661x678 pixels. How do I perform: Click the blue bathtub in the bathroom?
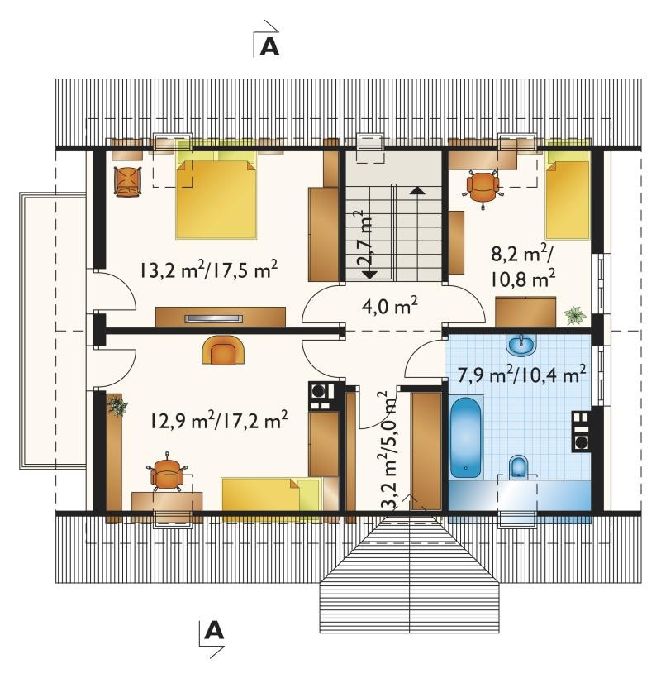pyautogui.click(x=465, y=437)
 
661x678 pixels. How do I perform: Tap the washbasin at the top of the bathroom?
pyautogui.click(x=521, y=346)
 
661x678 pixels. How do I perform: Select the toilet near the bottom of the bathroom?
pyautogui.click(x=517, y=467)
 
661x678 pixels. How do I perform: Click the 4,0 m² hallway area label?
pyautogui.click(x=389, y=307)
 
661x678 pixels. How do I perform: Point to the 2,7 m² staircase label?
pyautogui.click(x=364, y=237)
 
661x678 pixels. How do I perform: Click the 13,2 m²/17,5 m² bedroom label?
pyautogui.click(x=208, y=270)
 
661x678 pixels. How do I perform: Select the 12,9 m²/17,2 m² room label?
pyautogui.click(x=219, y=420)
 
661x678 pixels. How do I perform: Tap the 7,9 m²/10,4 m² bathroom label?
pyautogui.click(x=521, y=374)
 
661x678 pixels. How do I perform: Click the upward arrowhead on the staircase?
pyautogui.click(x=416, y=191)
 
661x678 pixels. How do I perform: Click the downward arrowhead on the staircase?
pyautogui.click(x=369, y=275)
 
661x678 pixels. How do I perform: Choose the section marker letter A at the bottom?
pyautogui.click(x=214, y=630)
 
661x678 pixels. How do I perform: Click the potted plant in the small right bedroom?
pyautogui.click(x=575, y=315)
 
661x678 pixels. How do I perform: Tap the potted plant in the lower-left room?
pyautogui.click(x=117, y=406)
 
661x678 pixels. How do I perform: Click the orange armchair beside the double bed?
pyautogui.click(x=127, y=182)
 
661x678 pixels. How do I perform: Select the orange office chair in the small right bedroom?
pyautogui.click(x=483, y=189)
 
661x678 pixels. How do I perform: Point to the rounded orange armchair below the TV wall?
pyautogui.click(x=223, y=350)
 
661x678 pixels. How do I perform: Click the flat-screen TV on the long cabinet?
pyautogui.click(x=213, y=318)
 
